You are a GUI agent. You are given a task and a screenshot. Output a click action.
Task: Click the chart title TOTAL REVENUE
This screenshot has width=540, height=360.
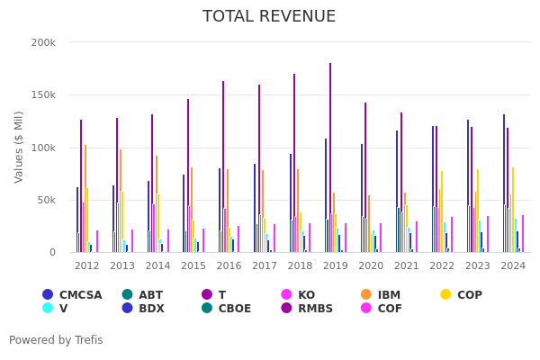[x=269, y=16]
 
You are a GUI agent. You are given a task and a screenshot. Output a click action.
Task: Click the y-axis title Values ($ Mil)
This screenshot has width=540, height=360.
[x=19, y=147]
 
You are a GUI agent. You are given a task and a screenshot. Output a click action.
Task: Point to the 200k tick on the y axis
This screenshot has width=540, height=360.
[x=43, y=42]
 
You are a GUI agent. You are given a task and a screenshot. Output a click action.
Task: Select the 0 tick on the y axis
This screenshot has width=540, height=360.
[x=52, y=252]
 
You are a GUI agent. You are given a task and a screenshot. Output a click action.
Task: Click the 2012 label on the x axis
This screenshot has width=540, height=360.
[x=87, y=266]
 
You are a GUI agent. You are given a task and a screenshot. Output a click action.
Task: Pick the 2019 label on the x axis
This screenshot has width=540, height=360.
[x=336, y=266]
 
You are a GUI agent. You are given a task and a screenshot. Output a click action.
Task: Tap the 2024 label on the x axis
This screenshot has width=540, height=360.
[x=513, y=266]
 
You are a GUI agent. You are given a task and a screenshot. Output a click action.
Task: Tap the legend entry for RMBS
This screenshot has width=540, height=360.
[x=314, y=309]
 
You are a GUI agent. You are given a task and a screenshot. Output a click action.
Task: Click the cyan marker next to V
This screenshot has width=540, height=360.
[x=48, y=309]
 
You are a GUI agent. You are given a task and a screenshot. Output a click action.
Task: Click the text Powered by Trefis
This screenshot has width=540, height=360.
[x=56, y=340]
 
